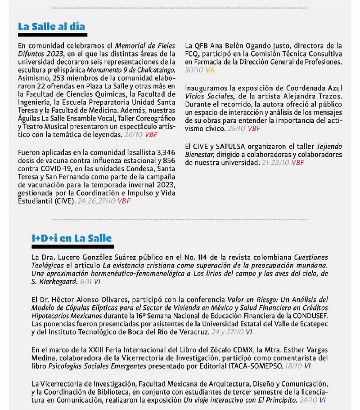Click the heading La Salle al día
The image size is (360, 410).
pos(51,26)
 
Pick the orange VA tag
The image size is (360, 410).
pos(210,70)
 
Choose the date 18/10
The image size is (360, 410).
pos(294,366)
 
